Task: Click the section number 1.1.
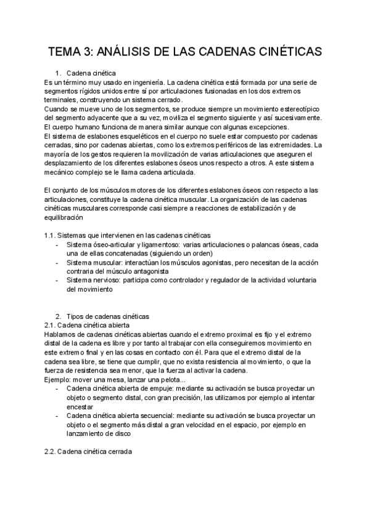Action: (x=51, y=235)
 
